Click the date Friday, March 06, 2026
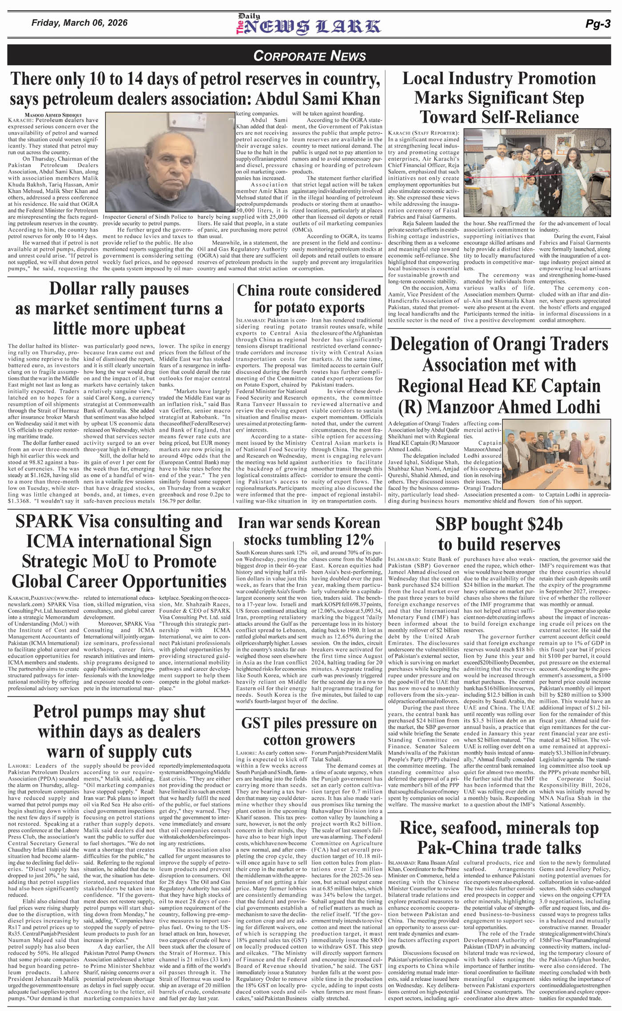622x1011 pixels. tap(80, 23)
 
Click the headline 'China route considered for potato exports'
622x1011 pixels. tap(309, 299)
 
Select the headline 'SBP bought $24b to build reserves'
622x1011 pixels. tap(499, 534)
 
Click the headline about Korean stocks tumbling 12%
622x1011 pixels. tap(309, 531)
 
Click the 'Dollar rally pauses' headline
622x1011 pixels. tap(119, 309)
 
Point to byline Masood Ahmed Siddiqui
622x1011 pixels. tap(44, 114)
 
